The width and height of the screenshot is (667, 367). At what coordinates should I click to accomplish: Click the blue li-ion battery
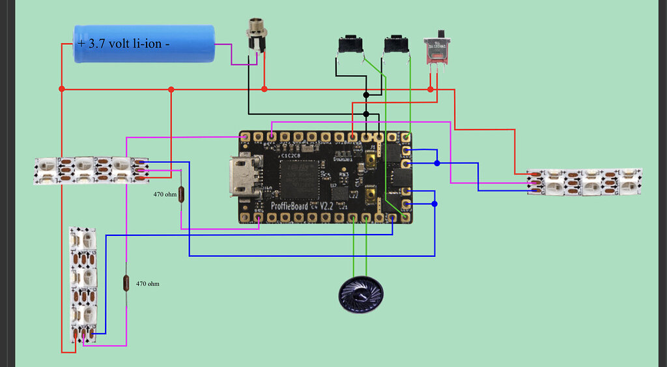tap(144, 44)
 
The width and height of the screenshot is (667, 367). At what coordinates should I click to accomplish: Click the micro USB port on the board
tap(236, 177)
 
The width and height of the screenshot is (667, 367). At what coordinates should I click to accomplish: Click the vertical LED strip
tap(83, 284)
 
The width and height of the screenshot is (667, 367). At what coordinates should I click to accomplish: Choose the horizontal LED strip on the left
tap(91, 169)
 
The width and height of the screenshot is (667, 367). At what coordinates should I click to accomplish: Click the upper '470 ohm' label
tap(165, 194)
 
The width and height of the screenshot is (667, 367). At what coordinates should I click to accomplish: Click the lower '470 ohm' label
tap(147, 284)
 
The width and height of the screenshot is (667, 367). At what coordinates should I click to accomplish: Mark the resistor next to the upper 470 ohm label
tap(181, 194)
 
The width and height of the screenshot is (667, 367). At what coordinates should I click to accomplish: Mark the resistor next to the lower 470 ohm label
tap(126, 282)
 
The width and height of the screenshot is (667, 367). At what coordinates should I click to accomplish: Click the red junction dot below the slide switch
tap(430, 89)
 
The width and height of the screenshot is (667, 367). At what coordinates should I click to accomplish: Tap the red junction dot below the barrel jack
tap(264, 89)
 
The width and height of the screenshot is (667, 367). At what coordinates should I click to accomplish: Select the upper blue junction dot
tap(437, 163)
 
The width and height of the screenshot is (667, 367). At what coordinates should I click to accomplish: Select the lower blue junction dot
tap(434, 204)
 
